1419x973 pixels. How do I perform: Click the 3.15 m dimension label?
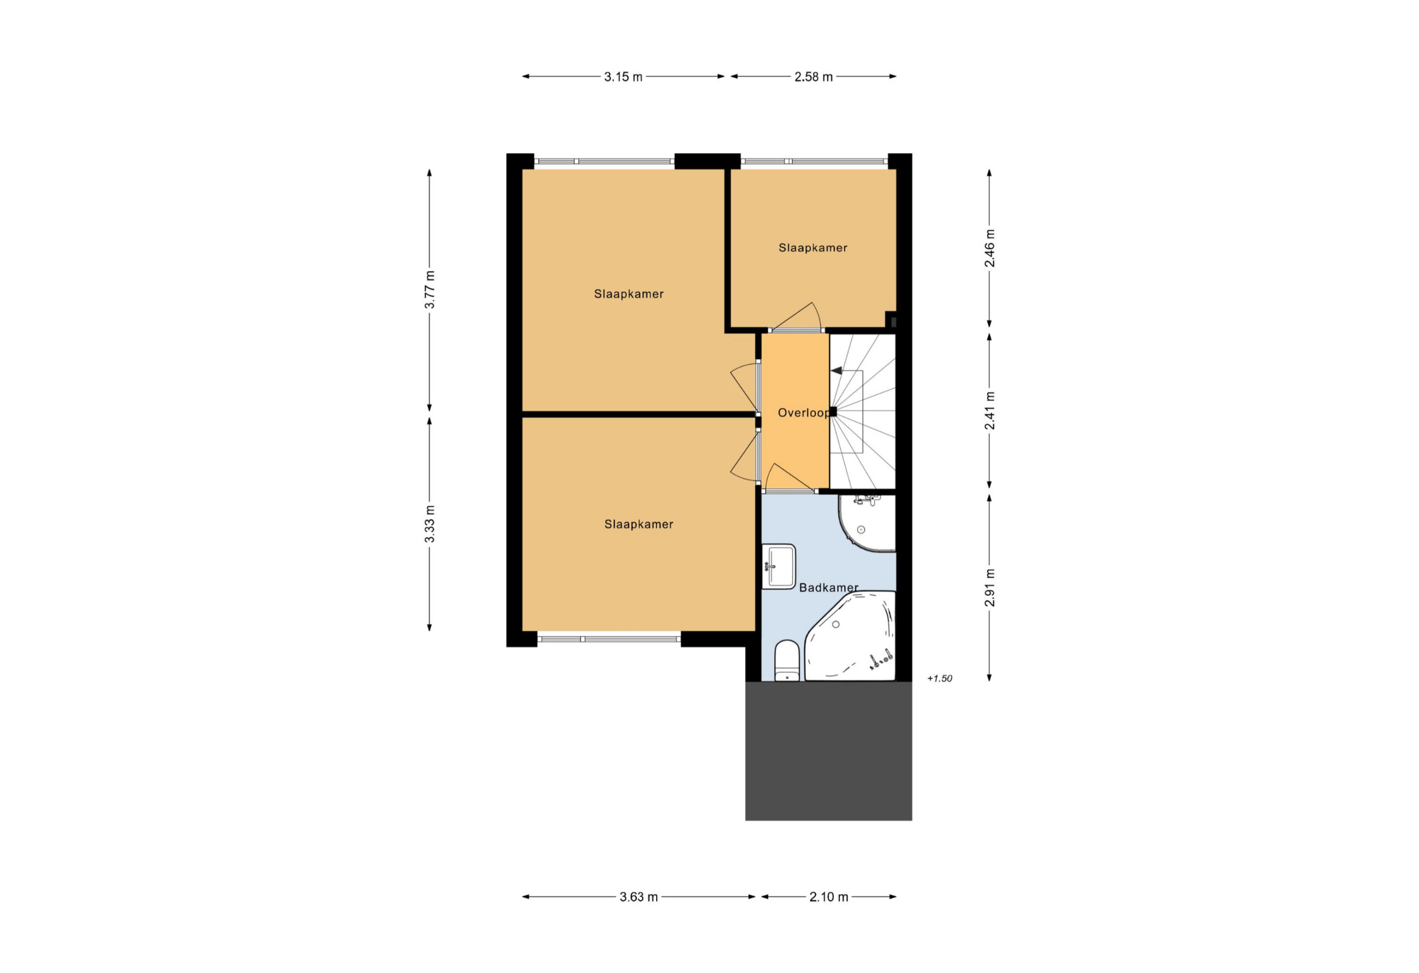[623, 77]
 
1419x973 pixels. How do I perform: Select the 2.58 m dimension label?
[813, 77]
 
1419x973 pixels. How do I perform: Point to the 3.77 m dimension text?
[430, 289]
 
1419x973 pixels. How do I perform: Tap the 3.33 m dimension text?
[430, 523]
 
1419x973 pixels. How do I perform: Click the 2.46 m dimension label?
[990, 248]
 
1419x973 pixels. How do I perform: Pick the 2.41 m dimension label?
[990, 410]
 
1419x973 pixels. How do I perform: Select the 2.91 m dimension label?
[990, 588]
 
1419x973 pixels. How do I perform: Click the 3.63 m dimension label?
[639, 897]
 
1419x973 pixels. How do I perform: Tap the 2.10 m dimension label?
[829, 897]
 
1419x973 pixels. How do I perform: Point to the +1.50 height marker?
[939, 679]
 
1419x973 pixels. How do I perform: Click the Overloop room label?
[804, 413]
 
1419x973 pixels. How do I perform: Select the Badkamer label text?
[829, 588]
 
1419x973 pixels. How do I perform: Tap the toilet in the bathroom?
[787, 660]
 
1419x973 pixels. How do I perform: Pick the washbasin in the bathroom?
[778, 566]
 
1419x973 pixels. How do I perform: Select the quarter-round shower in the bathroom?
[867, 523]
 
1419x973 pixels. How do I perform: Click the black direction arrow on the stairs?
[836, 371]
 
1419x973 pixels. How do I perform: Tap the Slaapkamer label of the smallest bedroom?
[813, 248]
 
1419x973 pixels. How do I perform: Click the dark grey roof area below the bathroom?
[829, 751]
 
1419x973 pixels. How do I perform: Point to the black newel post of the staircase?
[833, 412]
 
